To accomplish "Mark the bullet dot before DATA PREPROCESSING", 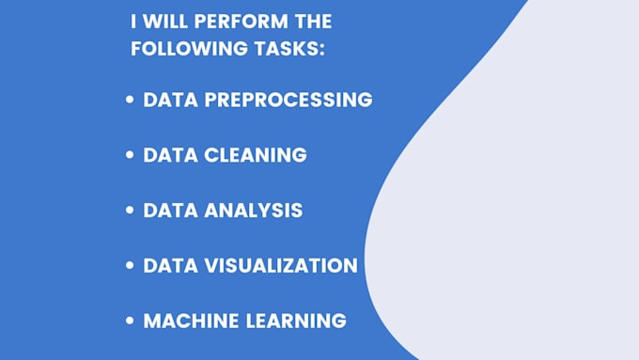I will (130, 100).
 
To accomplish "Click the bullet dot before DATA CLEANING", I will (130, 155).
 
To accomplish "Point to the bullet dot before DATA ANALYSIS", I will (130, 211).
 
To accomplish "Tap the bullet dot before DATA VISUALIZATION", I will (130, 266).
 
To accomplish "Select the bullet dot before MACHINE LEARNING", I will (130, 321).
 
